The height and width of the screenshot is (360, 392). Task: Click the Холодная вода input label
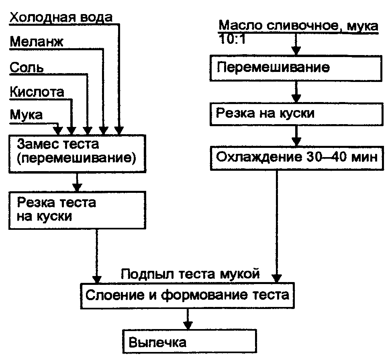[61, 18]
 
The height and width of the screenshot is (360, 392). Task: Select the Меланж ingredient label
[37, 42]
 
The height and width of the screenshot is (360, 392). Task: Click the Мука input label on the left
[26, 115]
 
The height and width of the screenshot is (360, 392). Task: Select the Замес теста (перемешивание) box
[76, 151]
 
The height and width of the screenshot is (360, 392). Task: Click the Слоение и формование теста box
[187, 296]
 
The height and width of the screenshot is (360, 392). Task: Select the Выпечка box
[189, 342]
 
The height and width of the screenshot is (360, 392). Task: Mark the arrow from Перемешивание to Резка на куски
[296, 92]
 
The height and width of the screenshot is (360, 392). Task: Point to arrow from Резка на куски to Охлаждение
[296, 137]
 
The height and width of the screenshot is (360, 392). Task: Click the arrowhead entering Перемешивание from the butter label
[296, 50]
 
